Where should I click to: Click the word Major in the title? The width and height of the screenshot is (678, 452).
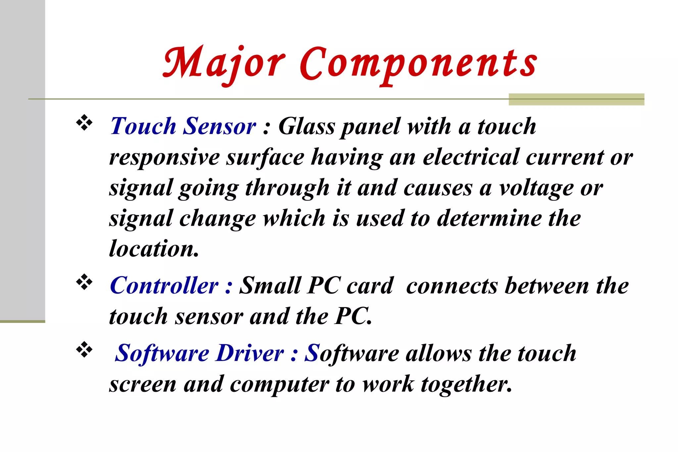click(224, 64)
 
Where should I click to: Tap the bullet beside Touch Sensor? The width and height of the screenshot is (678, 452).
click(84, 122)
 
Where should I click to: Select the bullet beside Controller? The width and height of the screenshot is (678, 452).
click(84, 282)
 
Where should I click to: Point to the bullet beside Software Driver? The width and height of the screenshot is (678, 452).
click(84, 350)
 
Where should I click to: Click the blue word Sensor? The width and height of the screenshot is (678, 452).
click(219, 126)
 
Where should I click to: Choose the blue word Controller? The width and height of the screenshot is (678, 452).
click(164, 286)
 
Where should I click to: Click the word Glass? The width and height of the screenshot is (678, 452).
click(307, 126)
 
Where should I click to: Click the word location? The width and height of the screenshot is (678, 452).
click(154, 249)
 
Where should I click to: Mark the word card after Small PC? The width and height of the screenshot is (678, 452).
click(370, 286)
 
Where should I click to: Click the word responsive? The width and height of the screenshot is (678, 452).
click(165, 157)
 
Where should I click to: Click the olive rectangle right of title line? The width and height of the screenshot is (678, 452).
click(576, 99)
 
